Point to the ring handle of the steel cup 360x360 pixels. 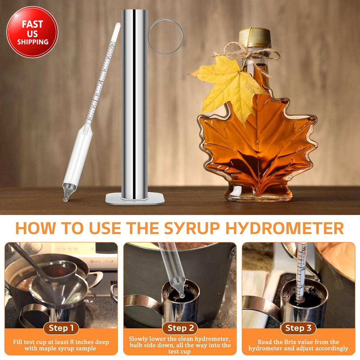(x=165, y=36)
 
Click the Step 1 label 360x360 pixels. (x=61, y=328)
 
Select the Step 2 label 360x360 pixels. (x=180, y=328)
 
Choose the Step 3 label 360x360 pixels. (x=298, y=328)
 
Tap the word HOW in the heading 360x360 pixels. (x=33, y=229)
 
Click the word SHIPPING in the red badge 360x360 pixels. (x=32, y=42)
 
